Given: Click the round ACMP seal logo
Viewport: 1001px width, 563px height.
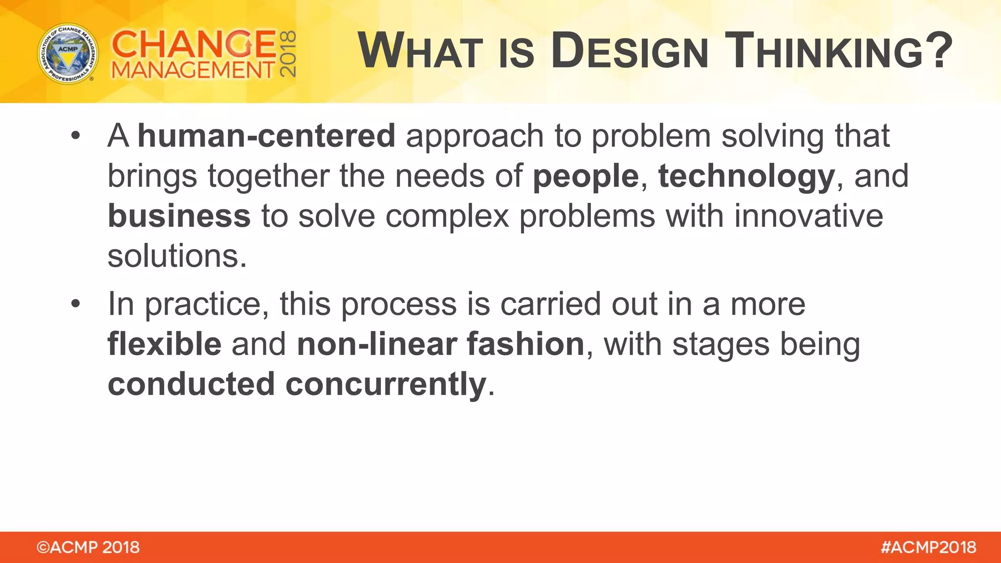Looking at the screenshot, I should (68, 54).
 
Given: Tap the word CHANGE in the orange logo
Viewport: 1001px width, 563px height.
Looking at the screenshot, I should (194, 44).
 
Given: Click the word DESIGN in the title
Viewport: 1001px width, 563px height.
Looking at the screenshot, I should (629, 51).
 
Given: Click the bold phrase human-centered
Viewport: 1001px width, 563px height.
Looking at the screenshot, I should (266, 136).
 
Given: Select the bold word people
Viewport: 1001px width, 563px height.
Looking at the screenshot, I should (586, 176).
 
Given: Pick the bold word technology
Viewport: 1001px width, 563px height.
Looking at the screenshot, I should (746, 177).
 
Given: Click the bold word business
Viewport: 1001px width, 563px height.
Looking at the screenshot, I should (179, 216).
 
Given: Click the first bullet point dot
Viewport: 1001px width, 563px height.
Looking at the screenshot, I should (75, 135).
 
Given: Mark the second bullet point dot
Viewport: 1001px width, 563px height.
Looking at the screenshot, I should (75, 304).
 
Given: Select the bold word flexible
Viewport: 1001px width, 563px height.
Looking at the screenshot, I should (164, 344).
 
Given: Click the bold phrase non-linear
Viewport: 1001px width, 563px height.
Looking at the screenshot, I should (376, 344).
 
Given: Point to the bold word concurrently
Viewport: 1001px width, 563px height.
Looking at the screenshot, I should (386, 385).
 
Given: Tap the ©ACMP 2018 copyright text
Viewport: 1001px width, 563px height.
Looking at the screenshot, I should (88, 547).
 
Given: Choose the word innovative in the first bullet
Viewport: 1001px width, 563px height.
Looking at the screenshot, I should (808, 216).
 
